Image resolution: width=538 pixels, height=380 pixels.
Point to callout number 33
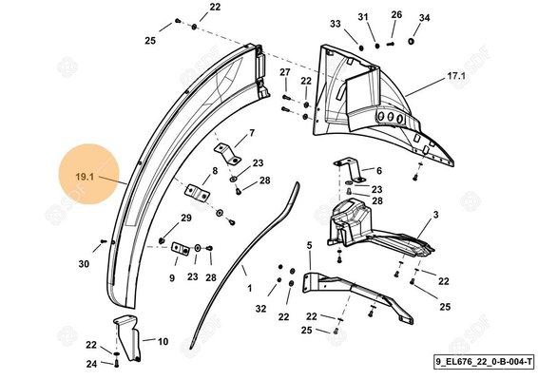(335, 23)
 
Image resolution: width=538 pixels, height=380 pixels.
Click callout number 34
(424, 18)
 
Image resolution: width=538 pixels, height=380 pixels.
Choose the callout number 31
(362, 18)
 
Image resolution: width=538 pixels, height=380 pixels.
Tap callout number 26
(396, 14)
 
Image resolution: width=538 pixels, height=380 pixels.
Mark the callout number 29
(186, 218)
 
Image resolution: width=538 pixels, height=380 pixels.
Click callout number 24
(91, 363)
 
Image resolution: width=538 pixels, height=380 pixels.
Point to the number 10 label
(163, 340)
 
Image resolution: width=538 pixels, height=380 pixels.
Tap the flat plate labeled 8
(198, 191)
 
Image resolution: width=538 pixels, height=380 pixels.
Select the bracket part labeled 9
(182, 250)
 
